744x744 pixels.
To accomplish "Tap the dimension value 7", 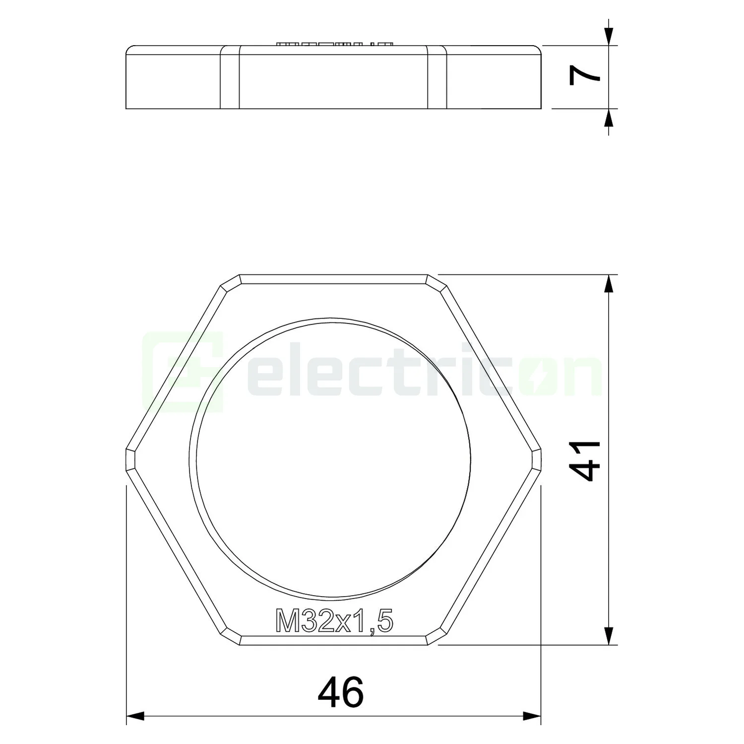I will click(x=585, y=77).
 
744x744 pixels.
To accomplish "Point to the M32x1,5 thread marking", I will click(x=334, y=622).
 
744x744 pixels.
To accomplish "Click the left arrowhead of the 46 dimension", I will click(x=135, y=716).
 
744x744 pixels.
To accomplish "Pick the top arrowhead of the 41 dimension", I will click(x=609, y=284).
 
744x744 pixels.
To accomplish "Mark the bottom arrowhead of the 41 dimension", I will click(x=609, y=635).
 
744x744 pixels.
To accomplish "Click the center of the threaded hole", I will click(x=333, y=459).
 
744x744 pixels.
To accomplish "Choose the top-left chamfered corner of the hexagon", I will click(x=230, y=282).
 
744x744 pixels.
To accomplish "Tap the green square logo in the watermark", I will click(x=183, y=372).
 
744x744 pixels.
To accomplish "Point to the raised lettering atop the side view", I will click(x=333, y=44).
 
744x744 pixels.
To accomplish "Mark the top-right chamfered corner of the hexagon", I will click(x=436, y=282).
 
